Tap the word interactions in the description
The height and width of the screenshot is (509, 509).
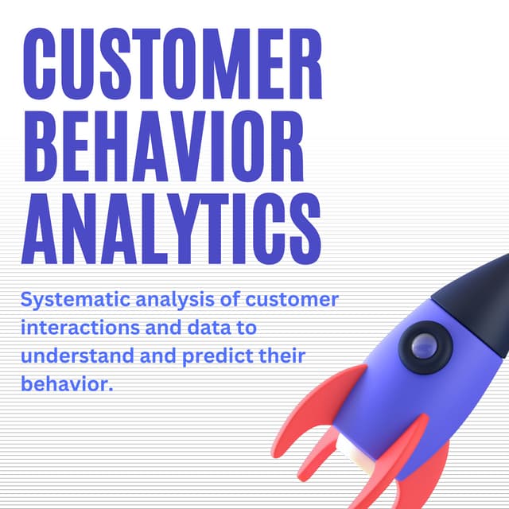point(76,328)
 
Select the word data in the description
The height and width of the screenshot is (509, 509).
point(209,328)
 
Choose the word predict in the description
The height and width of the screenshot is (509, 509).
point(210,356)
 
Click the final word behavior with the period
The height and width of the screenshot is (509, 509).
point(67,383)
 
